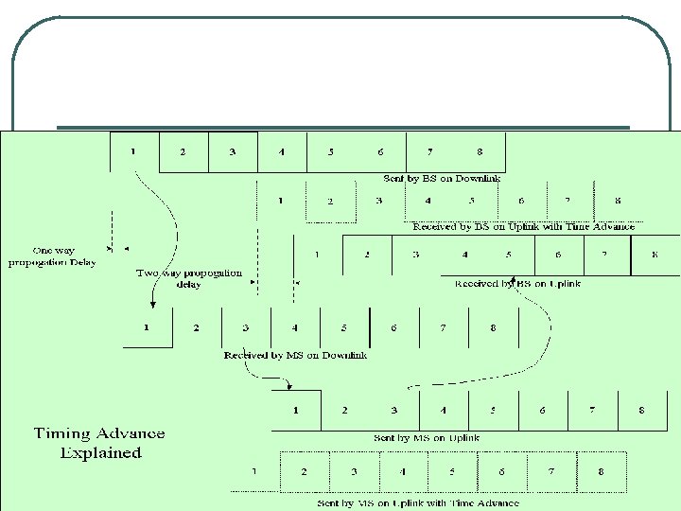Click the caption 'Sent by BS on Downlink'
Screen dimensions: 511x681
click(442, 178)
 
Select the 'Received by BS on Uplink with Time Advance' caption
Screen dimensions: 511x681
click(523, 226)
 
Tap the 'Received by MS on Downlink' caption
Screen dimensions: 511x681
click(295, 355)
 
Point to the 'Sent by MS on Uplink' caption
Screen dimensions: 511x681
click(427, 437)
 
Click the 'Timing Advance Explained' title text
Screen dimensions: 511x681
click(99, 443)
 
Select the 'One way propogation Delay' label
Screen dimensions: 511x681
click(52, 256)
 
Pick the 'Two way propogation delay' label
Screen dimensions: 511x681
click(189, 278)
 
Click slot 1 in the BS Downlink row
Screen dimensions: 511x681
click(133, 151)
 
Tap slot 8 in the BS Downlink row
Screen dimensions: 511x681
click(480, 151)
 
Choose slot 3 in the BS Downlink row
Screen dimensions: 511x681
click(232, 151)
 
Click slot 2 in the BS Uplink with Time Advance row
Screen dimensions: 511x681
click(330, 202)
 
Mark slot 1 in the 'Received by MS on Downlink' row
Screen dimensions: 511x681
click(147, 327)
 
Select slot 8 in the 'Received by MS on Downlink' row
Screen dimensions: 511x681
click(493, 327)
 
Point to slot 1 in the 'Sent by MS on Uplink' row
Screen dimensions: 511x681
click(296, 410)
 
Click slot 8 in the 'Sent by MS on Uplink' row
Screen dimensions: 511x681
click(641, 410)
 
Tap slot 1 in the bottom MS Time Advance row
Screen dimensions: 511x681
click(253, 470)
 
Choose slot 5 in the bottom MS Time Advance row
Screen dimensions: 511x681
click(452, 470)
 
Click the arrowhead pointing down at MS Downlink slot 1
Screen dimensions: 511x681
click(152, 304)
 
